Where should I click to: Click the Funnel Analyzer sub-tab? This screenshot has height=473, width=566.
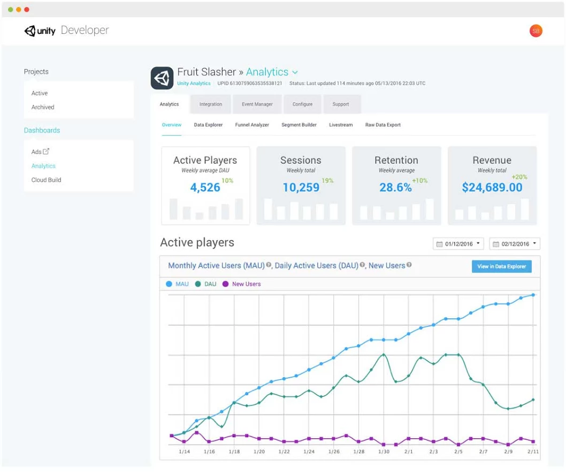pyautogui.click(x=252, y=125)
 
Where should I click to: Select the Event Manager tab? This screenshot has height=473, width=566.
pyautogui.click(x=257, y=104)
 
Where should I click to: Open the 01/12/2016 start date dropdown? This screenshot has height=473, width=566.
pyautogui.click(x=458, y=244)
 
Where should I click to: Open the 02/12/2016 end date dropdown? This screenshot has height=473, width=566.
pyautogui.click(x=515, y=244)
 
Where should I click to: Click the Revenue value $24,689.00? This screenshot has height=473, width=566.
pyautogui.click(x=492, y=187)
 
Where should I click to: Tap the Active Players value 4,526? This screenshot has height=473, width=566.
pyautogui.click(x=205, y=187)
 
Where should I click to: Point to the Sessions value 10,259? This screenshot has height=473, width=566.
pyautogui.click(x=301, y=187)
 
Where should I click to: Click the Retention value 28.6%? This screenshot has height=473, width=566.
pyautogui.click(x=396, y=187)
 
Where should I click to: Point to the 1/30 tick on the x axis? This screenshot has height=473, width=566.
pyautogui.click(x=384, y=452)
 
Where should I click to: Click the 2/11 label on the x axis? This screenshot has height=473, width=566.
pyautogui.click(x=533, y=452)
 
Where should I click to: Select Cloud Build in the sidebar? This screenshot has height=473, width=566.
pyautogui.click(x=46, y=180)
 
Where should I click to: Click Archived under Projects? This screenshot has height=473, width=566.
pyautogui.click(x=43, y=107)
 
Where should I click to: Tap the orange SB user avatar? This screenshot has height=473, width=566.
pyautogui.click(x=536, y=31)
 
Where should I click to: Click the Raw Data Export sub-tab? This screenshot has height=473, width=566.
pyautogui.click(x=383, y=125)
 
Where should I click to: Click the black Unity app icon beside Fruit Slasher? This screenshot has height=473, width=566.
pyautogui.click(x=162, y=78)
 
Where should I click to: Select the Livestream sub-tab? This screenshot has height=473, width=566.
pyautogui.click(x=341, y=125)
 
